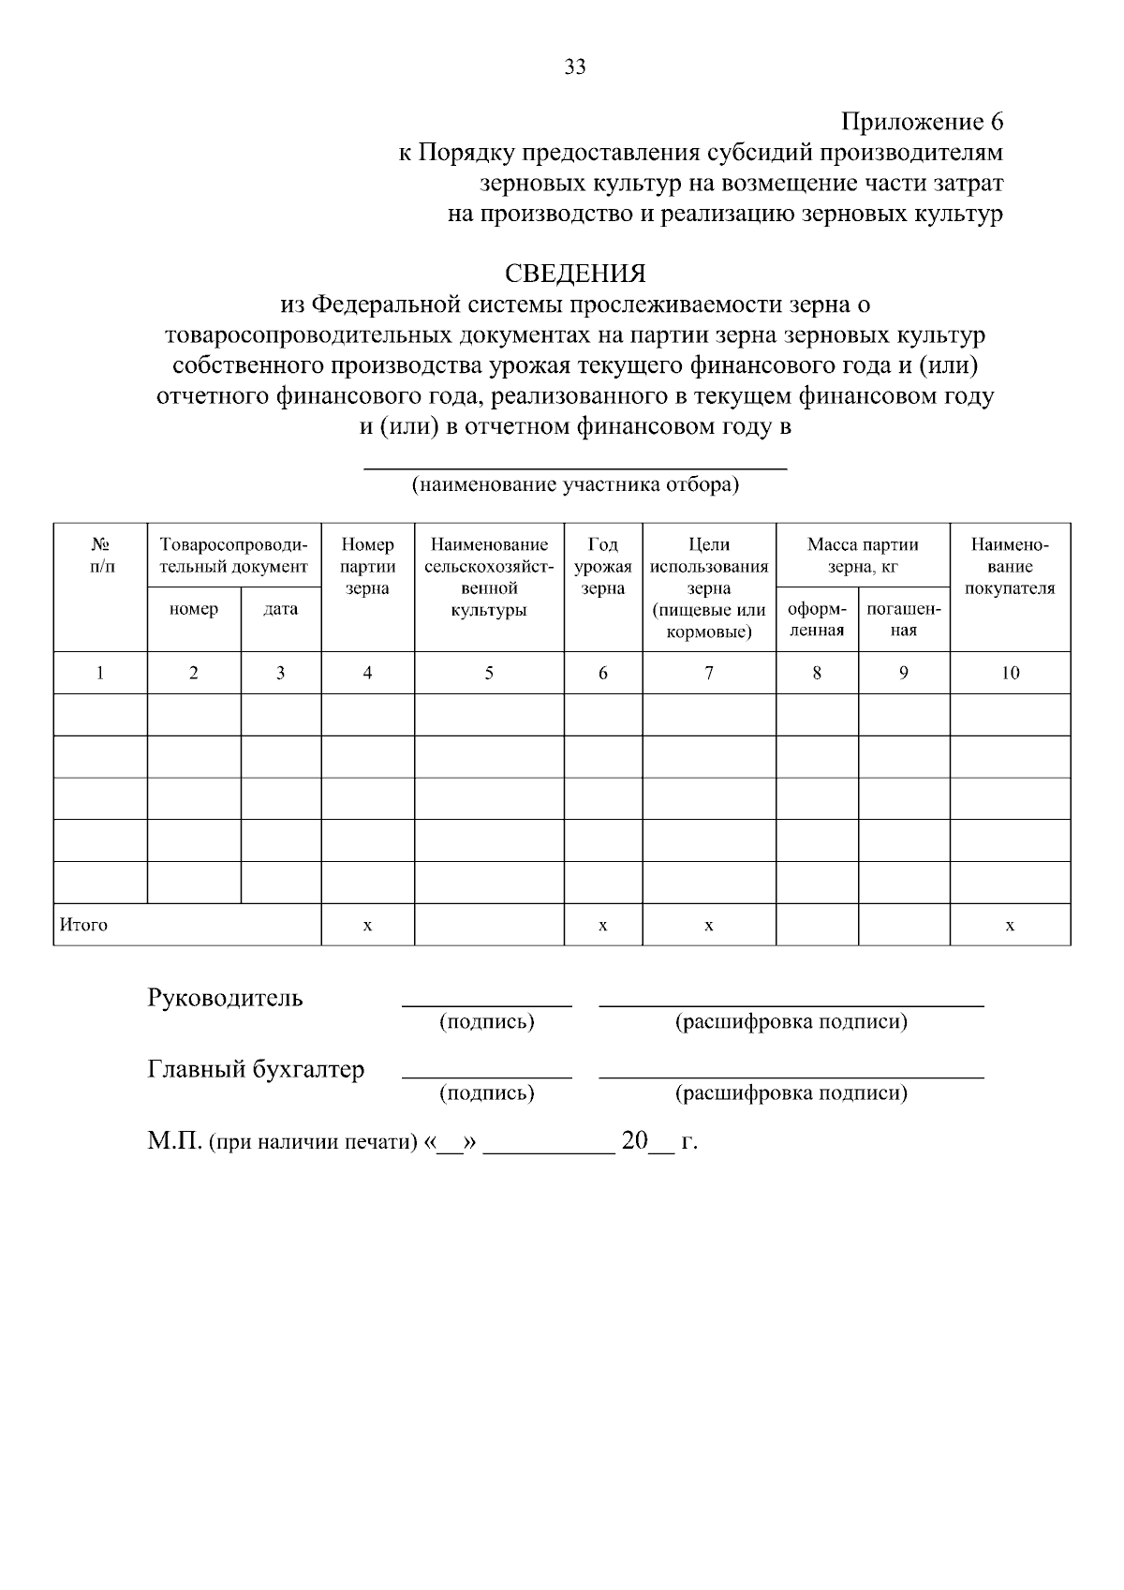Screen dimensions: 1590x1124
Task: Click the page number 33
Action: click(x=575, y=67)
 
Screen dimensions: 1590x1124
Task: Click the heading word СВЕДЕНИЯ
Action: click(x=575, y=274)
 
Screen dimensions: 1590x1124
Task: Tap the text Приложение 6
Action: click(x=922, y=122)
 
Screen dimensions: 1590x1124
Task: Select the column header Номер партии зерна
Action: click(x=367, y=566)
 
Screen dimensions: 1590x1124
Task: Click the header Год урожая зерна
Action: click(x=602, y=566)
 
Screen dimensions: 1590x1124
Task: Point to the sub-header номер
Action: click(x=194, y=609)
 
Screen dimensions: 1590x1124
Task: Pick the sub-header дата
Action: click(x=281, y=609)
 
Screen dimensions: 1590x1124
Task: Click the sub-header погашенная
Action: click(x=903, y=619)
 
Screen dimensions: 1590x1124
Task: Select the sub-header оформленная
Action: click(x=817, y=619)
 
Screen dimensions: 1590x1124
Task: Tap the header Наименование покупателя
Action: click(x=1010, y=566)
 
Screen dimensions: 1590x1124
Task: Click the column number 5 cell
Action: click(x=489, y=673)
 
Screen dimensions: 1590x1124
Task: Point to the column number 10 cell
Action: click(x=1010, y=673)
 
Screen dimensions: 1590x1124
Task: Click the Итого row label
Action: click(x=84, y=925)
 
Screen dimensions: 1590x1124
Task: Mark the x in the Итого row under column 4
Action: click(x=367, y=925)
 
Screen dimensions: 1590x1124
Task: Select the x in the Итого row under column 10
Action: click(x=1010, y=925)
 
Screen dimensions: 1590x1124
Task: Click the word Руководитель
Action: click(x=225, y=997)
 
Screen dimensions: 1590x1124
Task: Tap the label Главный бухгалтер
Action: click(x=256, y=1069)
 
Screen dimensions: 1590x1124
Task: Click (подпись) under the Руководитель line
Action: click(x=486, y=1021)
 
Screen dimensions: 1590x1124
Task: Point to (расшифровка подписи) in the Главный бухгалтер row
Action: click(x=791, y=1092)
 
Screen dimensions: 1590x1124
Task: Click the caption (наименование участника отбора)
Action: click(x=575, y=484)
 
